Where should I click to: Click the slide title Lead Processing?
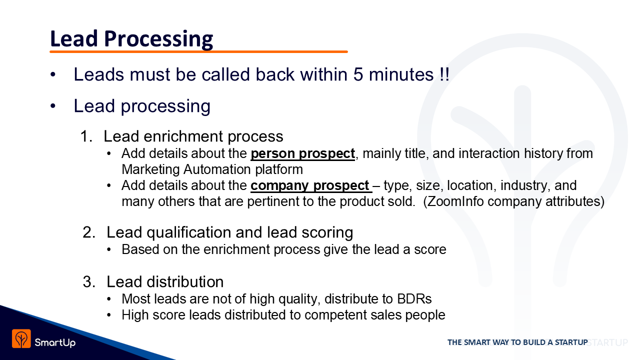click(131, 39)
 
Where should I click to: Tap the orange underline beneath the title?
click(198, 51)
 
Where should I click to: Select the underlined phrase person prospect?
click(303, 153)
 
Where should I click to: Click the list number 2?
click(89, 232)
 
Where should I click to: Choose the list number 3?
click(89, 281)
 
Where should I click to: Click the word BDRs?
click(414, 299)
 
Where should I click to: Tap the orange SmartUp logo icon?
click(21, 338)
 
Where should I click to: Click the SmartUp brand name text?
click(55, 342)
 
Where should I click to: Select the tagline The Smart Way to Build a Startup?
click(517, 342)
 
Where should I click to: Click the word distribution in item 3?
click(185, 281)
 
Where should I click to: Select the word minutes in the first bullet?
click(401, 74)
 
